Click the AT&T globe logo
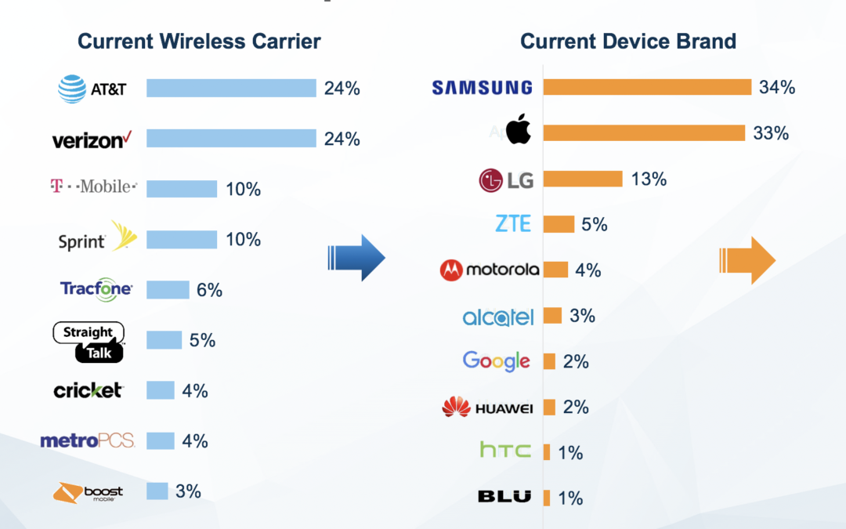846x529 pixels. tap(72, 89)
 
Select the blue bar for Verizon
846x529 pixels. tap(231, 138)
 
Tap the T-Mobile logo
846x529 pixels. tap(93, 187)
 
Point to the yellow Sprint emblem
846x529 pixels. tap(124, 236)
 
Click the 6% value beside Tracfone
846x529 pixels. tap(209, 290)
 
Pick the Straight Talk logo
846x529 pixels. tap(89, 342)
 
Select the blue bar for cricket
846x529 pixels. tap(161, 390)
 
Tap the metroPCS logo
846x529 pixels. tap(88, 441)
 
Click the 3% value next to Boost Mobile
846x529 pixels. tap(188, 491)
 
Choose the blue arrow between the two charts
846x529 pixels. tap(356, 258)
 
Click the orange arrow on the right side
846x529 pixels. tap(747, 260)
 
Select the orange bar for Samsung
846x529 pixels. tap(648, 87)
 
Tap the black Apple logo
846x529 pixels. tap(519, 129)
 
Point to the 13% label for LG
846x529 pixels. tap(649, 179)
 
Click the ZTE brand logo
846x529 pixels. tap(513, 223)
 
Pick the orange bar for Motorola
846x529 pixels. tap(555, 270)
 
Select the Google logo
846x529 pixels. tap(497, 361)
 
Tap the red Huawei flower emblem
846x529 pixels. tap(456, 407)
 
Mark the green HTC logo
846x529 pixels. tap(505, 450)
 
